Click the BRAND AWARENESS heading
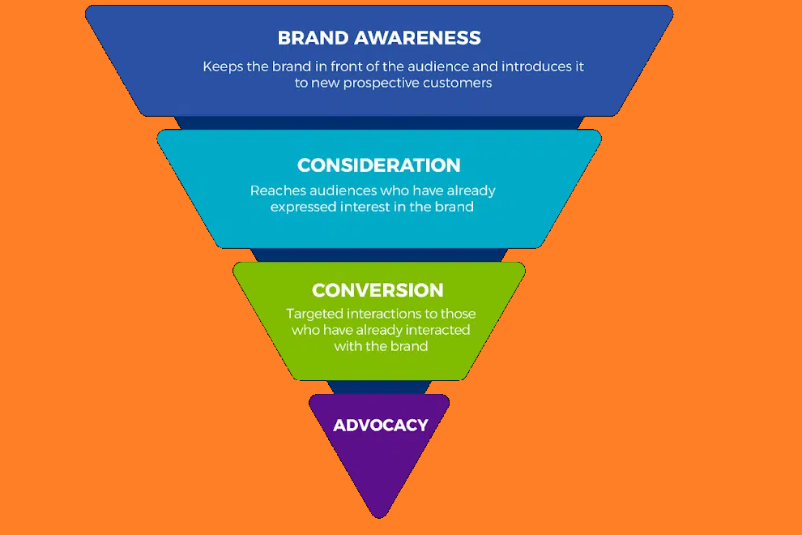pyautogui.click(x=379, y=38)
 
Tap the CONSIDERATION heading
pyautogui.click(x=379, y=165)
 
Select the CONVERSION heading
pyautogui.click(x=378, y=290)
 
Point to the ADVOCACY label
pyautogui.click(x=381, y=426)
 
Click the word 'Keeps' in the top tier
pyautogui.click(x=223, y=67)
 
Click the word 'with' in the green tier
pyautogui.click(x=346, y=347)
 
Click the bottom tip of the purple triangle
pyautogui.click(x=379, y=518)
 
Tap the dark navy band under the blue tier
pyautogui.click(x=379, y=123)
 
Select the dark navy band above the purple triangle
pyautogui.click(x=379, y=387)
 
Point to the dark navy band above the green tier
pyautogui.click(x=379, y=255)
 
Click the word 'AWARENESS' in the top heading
pyautogui.click(x=417, y=38)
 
